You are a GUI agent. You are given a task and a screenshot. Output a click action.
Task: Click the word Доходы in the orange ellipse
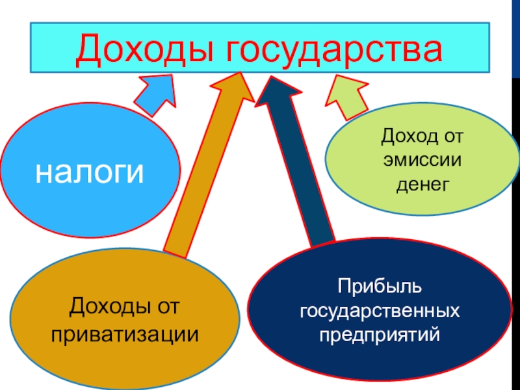coord(104,305)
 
